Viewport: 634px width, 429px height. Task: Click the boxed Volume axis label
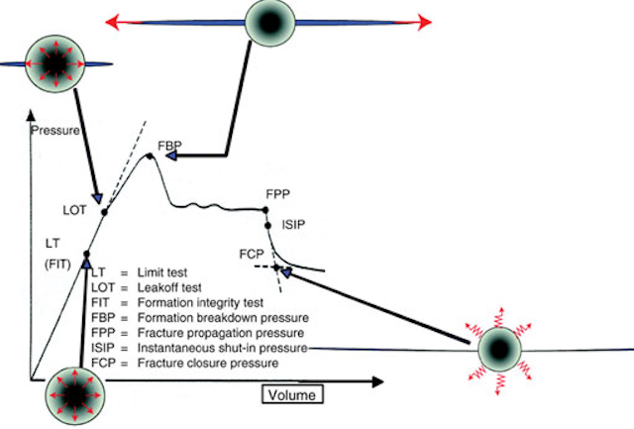[292, 394]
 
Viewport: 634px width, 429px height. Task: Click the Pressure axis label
[55, 131]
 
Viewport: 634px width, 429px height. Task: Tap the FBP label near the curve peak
[169, 146]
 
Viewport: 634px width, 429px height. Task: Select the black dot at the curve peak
[150, 157]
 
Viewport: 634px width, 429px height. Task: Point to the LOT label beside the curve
[75, 210]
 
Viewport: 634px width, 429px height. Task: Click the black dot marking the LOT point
[104, 212]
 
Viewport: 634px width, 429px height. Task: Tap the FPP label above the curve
[277, 194]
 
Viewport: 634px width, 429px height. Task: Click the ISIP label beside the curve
[293, 225]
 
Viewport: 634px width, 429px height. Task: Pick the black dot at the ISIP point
[267, 226]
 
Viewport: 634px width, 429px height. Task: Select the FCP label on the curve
[252, 255]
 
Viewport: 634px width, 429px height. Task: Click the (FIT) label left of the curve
[57, 265]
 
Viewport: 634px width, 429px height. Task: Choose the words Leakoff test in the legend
[169, 288]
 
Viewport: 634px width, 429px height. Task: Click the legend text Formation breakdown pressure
[223, 318]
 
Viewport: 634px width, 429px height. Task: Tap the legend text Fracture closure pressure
[208, 363]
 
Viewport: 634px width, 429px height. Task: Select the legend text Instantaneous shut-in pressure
[222, 348]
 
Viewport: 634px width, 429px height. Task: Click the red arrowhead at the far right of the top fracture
[425, 22]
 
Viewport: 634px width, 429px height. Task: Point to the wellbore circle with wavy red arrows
[499, 350]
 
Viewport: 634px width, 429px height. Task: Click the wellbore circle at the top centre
[270, 23]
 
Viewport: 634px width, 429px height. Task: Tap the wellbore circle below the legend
[75, 395]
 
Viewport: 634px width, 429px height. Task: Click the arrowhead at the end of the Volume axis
[377, 381]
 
